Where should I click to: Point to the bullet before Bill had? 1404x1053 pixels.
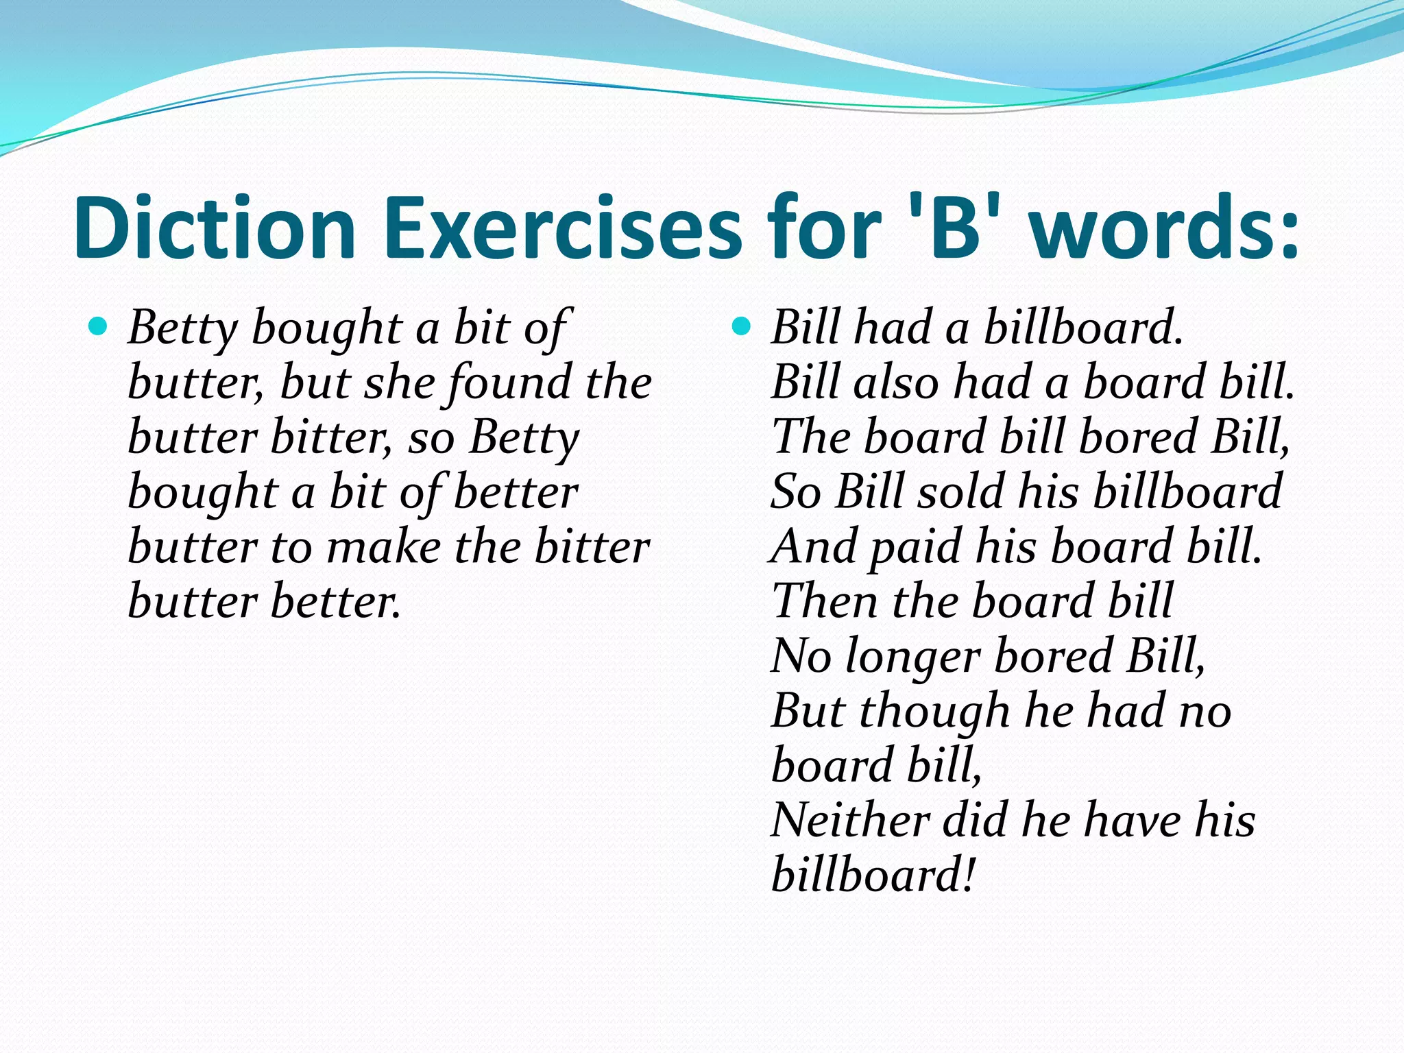(741, 326)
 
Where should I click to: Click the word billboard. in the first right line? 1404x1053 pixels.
(1083, 328)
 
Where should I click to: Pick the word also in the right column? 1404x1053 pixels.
(896, 383)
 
